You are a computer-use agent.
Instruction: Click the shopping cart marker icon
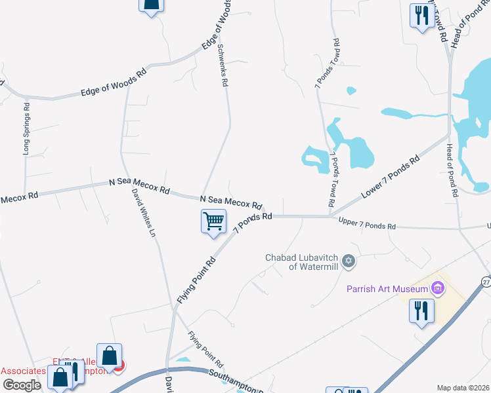pos(213,221)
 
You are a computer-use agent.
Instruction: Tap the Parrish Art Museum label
pos(388,289)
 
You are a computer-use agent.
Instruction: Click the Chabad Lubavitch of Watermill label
pos(303,261)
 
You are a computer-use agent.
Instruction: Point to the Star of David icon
pos(349,261)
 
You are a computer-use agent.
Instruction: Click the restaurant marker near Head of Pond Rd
pos(420,16)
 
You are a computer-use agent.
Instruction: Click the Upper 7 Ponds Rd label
pos(367,224)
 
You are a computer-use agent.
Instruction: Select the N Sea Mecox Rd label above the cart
pos(231,202)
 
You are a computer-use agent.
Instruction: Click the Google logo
pos(22,385)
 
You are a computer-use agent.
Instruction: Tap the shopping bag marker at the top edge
pos(150,5)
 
